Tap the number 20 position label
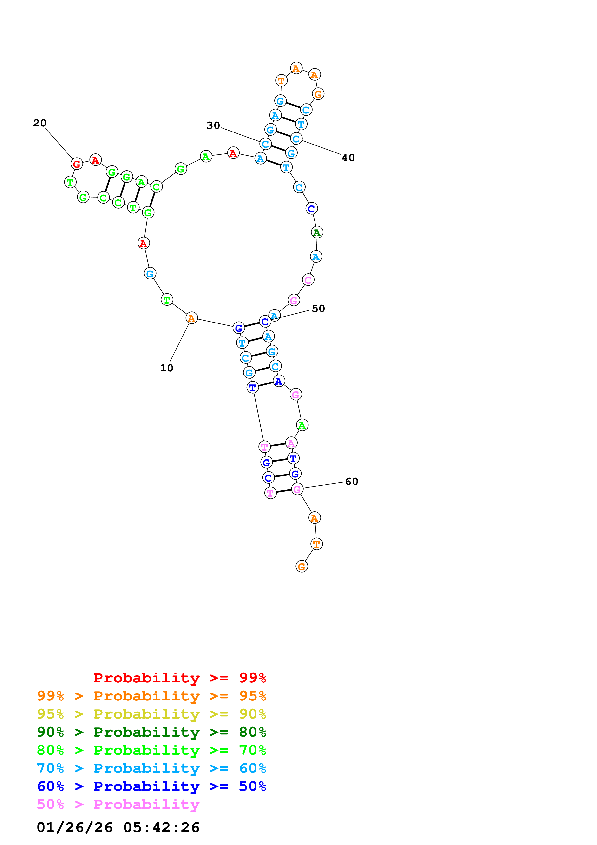click(x=40, y=123)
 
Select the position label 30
click(x=213, y=125)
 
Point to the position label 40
click(x=348, y=158)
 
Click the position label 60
click(x=351, y=481)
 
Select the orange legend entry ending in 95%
click(x=151, y=696)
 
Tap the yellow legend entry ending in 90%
click(x=151, y=714)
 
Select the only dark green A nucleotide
click(x=317, y=232)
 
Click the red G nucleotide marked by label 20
click(x=77, y=164)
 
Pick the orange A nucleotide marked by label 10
click(x=191, y=318)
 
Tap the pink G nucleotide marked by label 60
click(x=297, y=489)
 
